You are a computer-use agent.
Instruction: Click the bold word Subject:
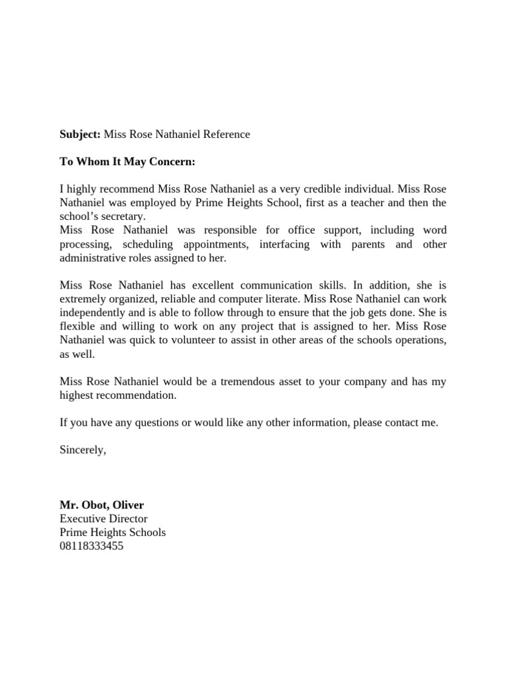coord(80,135)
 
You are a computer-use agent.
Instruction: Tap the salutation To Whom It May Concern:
coord(127,162)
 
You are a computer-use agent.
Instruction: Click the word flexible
coord(76,327)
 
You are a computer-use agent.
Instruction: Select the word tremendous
coord(248,382)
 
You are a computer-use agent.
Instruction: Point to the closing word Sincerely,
coord(82,450)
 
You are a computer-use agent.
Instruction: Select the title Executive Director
coord(103,519)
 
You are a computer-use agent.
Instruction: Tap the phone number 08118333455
coord(91,546)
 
